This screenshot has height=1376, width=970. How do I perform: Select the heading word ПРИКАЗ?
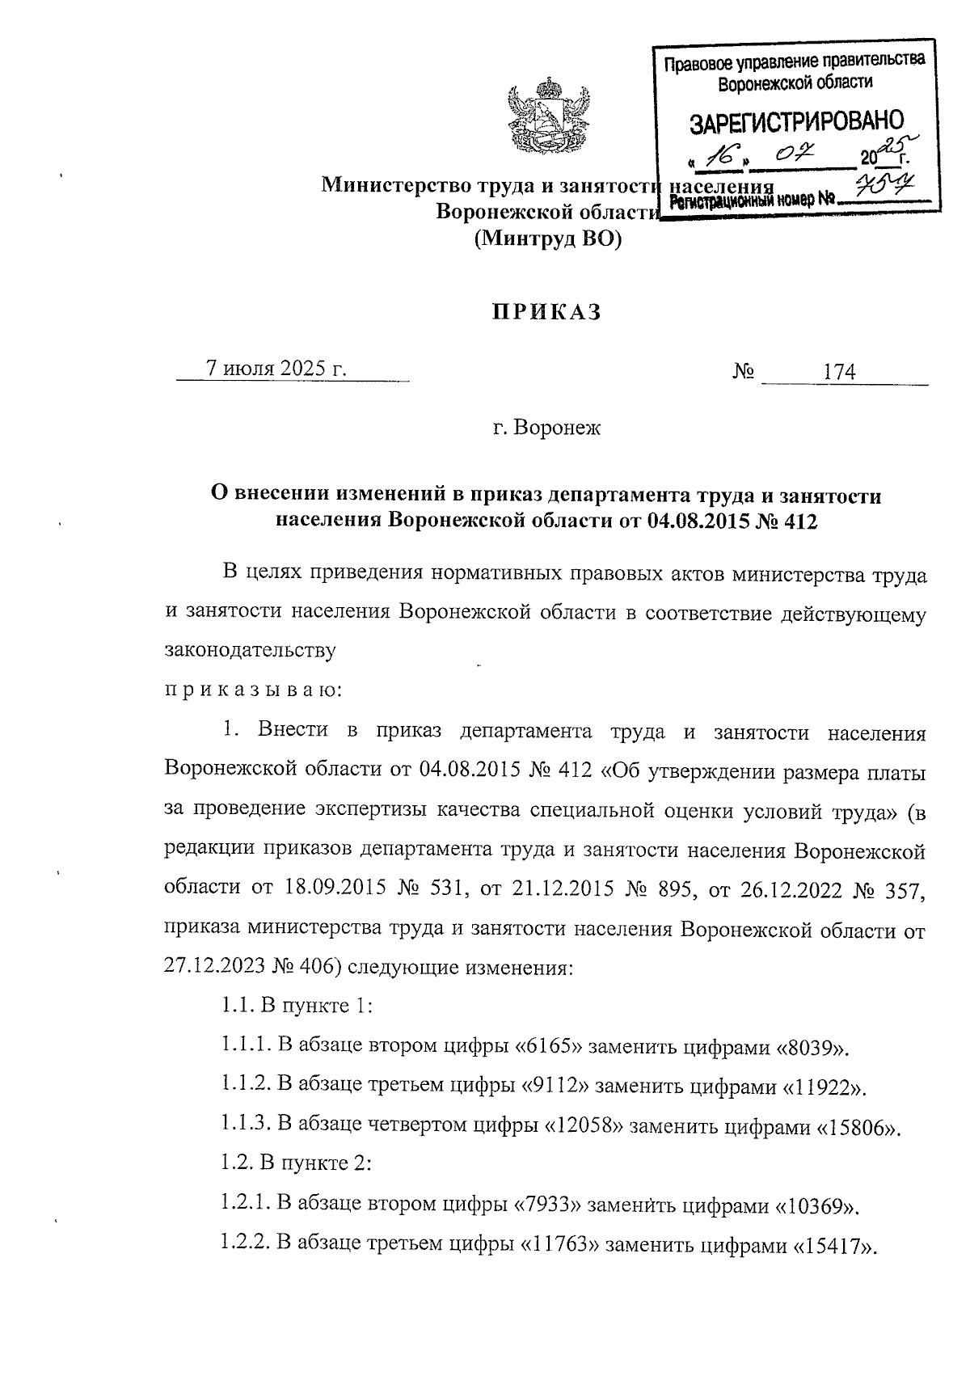[x=547, y=313]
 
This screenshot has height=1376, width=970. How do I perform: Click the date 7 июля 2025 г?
[x=276, y=369]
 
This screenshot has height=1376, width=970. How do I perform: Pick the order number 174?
[x=838, y=373]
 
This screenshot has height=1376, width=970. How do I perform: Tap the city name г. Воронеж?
[x=547, y=427]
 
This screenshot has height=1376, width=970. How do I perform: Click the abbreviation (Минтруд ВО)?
[x=547, y=238]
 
